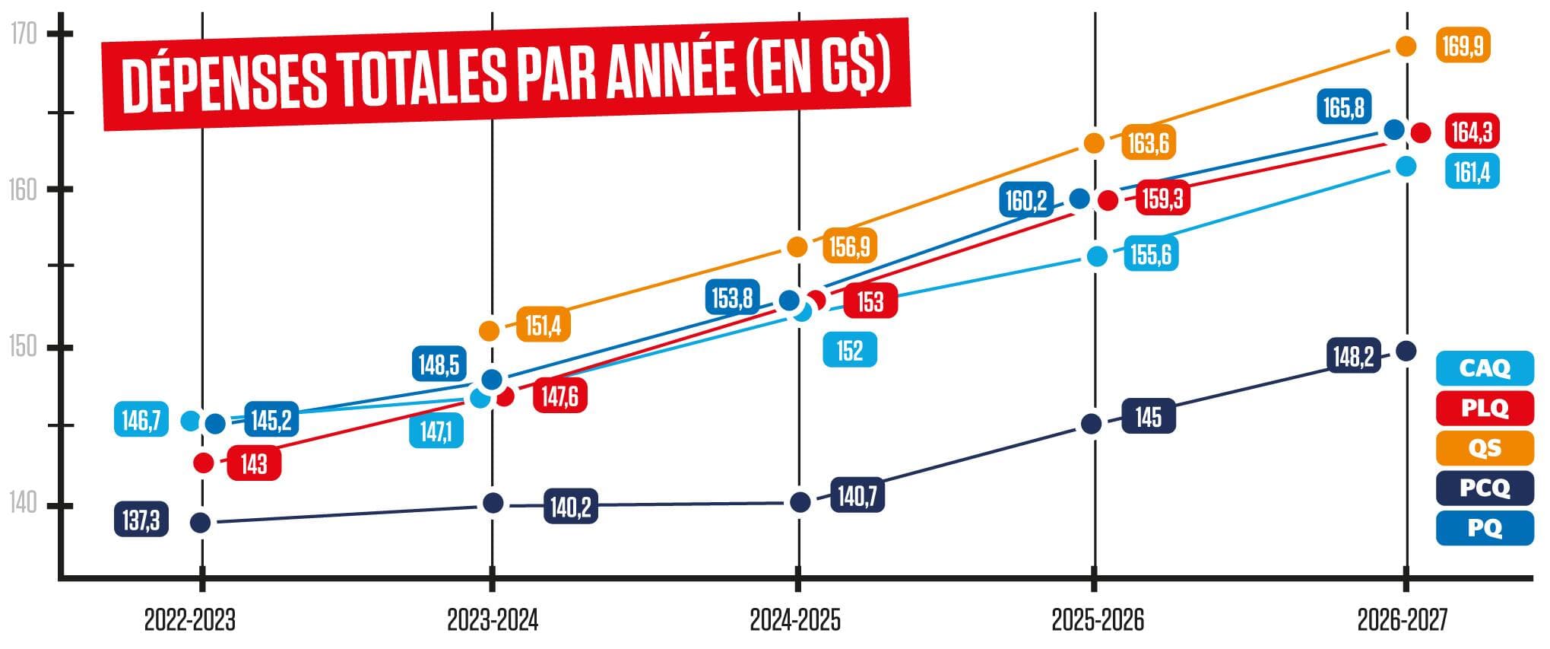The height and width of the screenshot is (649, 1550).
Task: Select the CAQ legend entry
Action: point(1484,368)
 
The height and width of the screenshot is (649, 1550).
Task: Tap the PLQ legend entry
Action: point(1484,408)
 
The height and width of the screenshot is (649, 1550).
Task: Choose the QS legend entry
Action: point(1484,447)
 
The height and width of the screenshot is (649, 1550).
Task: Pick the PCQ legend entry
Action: point(1484,488)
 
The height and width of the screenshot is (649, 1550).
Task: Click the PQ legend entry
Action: point(1484,527)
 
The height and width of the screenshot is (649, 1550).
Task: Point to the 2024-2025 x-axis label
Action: point(795,621)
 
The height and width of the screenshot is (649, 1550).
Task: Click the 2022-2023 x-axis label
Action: point(190,621)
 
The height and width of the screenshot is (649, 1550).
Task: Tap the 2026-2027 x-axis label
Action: point(1403,621)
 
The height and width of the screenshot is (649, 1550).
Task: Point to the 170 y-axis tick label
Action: point(24,34)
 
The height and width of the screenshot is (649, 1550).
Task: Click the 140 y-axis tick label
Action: point(24,503)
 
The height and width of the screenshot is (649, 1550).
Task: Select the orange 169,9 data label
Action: point(1463,46)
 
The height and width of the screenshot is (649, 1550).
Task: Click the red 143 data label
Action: point(254,463)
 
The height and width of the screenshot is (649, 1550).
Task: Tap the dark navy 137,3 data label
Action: point(141,520)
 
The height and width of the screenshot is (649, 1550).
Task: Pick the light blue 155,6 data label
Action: point(1150,254)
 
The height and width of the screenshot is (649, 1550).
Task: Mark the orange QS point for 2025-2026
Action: point(1093,143)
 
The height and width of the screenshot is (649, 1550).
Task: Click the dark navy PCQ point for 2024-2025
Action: point(800,502)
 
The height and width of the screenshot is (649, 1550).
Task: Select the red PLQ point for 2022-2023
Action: point(203,463)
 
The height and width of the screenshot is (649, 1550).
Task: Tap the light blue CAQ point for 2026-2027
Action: point(1406,167)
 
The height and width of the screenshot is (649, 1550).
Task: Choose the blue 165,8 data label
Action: point(1343,107)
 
